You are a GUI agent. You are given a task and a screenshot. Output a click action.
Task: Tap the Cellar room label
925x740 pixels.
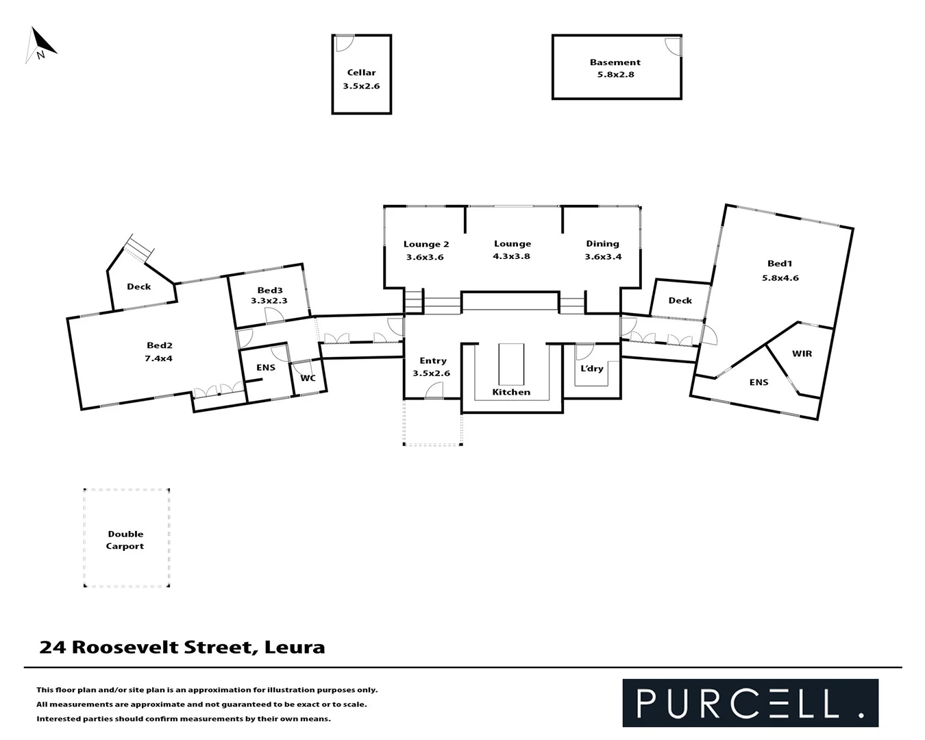[361, 73]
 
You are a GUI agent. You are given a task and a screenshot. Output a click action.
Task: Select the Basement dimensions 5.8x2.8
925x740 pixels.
[615, 75]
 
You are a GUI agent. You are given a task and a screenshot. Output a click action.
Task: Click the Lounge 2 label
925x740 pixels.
[426, 245]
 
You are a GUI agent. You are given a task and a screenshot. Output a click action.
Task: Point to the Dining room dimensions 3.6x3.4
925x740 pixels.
[603, 257]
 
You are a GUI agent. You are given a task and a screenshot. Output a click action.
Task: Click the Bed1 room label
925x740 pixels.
[780, 264]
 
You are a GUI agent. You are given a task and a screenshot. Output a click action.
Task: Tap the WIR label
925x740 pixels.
[802, 354]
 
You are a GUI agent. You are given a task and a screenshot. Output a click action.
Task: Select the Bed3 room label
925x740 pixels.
[270, 291]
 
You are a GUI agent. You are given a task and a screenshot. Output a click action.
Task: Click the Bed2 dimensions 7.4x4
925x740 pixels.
[159, 358]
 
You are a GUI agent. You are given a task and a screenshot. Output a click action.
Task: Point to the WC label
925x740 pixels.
[308, 378]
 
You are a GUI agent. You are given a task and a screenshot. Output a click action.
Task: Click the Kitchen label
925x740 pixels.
[511, 392]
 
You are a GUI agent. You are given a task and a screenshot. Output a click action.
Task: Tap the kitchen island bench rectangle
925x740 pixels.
[511, 365]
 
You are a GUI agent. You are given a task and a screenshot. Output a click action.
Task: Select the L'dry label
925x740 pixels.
[592, 369]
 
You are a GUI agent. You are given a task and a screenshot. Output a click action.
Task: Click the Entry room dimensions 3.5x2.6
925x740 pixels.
[432, 373]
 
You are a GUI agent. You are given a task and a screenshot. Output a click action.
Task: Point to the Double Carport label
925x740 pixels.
[125, 540]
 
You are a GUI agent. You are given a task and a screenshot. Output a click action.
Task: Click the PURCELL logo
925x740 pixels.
[750, 703]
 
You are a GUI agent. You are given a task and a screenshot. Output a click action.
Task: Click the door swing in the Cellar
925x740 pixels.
[344, 42]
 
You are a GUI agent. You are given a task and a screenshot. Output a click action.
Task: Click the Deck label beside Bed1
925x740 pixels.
[680, 301]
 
